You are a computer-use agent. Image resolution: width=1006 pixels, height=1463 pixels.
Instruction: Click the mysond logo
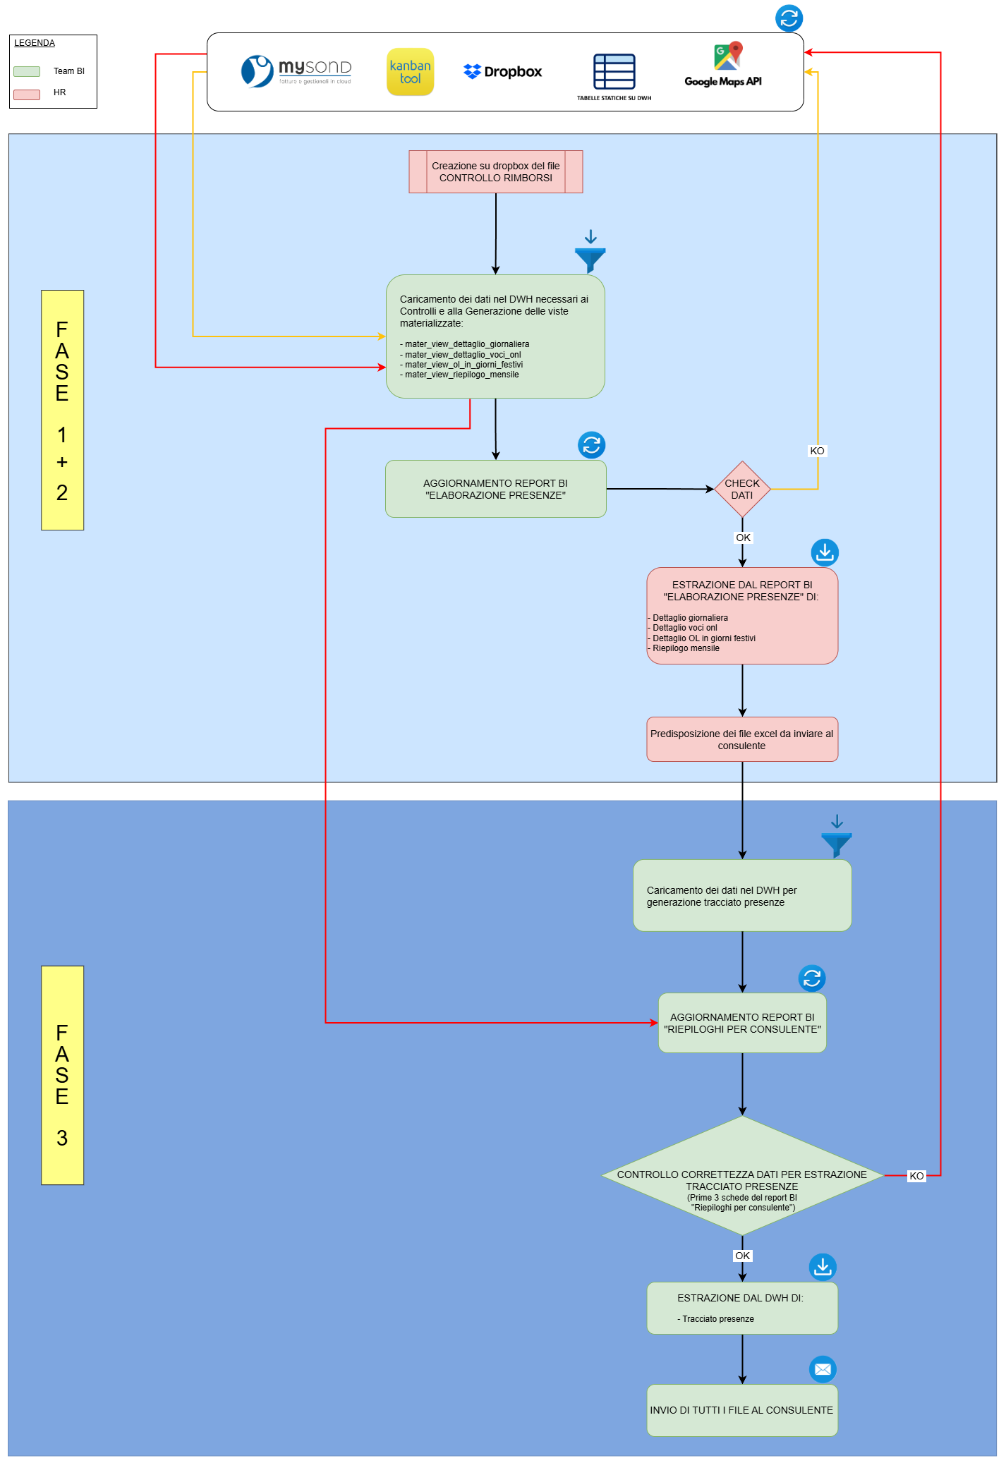(296, 71)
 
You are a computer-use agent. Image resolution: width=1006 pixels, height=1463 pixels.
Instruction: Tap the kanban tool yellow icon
(410, 72)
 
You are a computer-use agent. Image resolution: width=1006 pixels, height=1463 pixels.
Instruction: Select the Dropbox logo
(502, 71)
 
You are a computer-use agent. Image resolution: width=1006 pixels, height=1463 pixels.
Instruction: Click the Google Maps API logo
(723, 65)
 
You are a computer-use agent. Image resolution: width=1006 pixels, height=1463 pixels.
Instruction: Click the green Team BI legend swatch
(27, 71)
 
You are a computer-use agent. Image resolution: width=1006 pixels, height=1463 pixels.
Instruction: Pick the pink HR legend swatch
(27, 94)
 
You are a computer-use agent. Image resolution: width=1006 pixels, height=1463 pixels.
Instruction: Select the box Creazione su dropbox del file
(495, 171)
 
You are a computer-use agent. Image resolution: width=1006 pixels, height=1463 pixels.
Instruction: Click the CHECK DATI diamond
(741, 489)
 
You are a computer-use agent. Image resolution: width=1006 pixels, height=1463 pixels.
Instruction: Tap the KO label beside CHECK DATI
(817, 451)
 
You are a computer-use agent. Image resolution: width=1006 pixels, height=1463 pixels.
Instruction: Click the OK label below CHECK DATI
(743, 538)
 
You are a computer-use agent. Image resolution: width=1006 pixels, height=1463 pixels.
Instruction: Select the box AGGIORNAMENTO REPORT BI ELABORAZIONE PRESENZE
(495, 489)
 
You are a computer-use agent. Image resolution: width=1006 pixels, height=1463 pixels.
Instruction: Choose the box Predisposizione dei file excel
(741, 739)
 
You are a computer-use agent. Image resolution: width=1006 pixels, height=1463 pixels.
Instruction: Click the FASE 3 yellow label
(62, 1074)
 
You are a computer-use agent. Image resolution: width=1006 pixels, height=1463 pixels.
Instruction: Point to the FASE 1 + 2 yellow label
(62, 410)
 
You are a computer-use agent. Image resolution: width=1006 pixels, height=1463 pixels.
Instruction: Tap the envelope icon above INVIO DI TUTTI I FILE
(823, 1369)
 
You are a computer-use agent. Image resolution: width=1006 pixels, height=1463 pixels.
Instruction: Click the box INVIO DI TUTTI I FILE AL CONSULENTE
(741, 1410)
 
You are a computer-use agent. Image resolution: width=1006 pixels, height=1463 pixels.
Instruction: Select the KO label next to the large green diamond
(916, 1176)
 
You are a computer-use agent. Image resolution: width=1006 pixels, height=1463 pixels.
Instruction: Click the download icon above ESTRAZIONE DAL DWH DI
(823, 1267)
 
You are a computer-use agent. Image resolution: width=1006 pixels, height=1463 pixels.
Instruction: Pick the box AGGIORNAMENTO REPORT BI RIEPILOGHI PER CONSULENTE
(741, 1023)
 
